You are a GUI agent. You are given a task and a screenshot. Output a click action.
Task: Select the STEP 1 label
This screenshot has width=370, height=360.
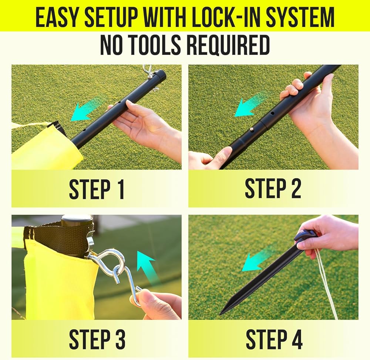click(x=96, y=190)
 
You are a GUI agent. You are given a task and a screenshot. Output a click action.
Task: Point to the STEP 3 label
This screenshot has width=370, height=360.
click(x=97, y=339)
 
